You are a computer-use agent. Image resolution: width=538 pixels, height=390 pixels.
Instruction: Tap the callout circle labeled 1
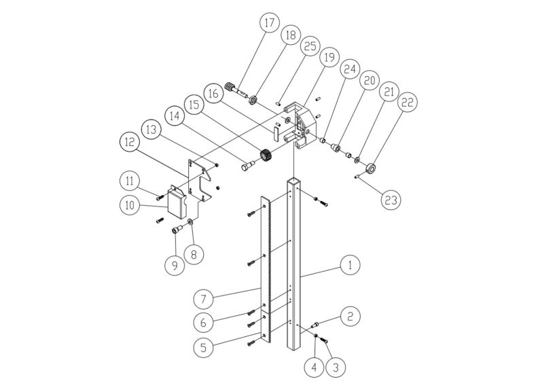click(x=350, y=266)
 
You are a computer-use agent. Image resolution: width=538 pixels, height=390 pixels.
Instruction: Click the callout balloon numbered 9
click(x=175, y=265)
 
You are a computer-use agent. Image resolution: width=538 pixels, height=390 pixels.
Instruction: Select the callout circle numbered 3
click(x=334, y=368)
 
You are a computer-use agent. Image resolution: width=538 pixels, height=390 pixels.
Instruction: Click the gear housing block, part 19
click(x=300, y=122)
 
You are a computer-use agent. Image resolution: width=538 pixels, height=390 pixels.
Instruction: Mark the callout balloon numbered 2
click(x=351, y=317)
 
